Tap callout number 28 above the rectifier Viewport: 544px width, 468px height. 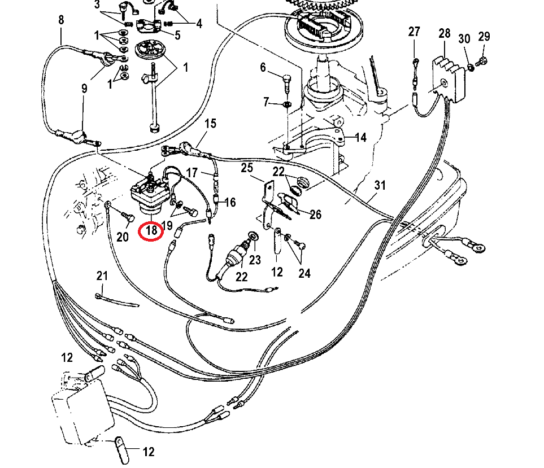point(444,33)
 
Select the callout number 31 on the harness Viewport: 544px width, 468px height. point(380,185)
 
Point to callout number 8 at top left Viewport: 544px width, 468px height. point(61,21)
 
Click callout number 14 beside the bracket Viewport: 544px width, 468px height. point(360,137)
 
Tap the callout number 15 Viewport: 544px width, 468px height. point(210,123)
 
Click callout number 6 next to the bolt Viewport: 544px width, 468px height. point(263,68)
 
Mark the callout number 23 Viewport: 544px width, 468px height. point(256,260)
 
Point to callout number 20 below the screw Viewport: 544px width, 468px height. point(123,237)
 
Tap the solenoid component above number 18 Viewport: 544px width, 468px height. point(148,192)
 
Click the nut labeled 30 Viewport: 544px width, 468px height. point(469,68)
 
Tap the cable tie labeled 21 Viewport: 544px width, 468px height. point(116,300)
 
